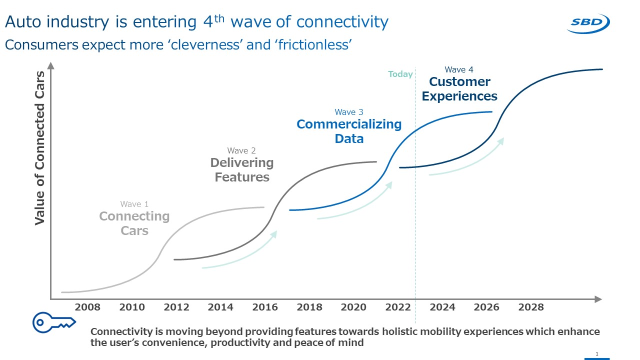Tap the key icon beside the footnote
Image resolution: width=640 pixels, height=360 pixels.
(x=53, y=322)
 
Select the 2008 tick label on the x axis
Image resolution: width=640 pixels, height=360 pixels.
(x=87, y=307)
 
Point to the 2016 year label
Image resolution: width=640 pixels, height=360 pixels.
(x=265, y=307)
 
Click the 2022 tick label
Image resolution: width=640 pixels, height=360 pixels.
(x=398, y=307)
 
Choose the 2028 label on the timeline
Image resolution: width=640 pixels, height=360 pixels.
(x=531, y=307)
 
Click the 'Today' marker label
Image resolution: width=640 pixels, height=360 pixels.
(x=400, y=74)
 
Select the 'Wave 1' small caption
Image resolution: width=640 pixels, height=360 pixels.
(x=134, y=204)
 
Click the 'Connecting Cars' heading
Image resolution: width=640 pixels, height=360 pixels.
(x=134, y=223)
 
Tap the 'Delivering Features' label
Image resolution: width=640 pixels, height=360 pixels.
(x=242, y=170)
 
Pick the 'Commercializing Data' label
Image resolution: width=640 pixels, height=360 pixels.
(x=349, y=131)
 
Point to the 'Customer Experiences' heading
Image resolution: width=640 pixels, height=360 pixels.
(x=459, y=89)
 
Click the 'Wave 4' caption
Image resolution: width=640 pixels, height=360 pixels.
(x=458, y=69)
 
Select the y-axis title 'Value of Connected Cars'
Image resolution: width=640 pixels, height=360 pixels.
(x=40, y=148)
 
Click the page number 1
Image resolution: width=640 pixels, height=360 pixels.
(x=597, y=354)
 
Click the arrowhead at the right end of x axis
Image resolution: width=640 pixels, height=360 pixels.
(x=598, y=299)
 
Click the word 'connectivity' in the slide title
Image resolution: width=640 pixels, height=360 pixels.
(x=342, y=22)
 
